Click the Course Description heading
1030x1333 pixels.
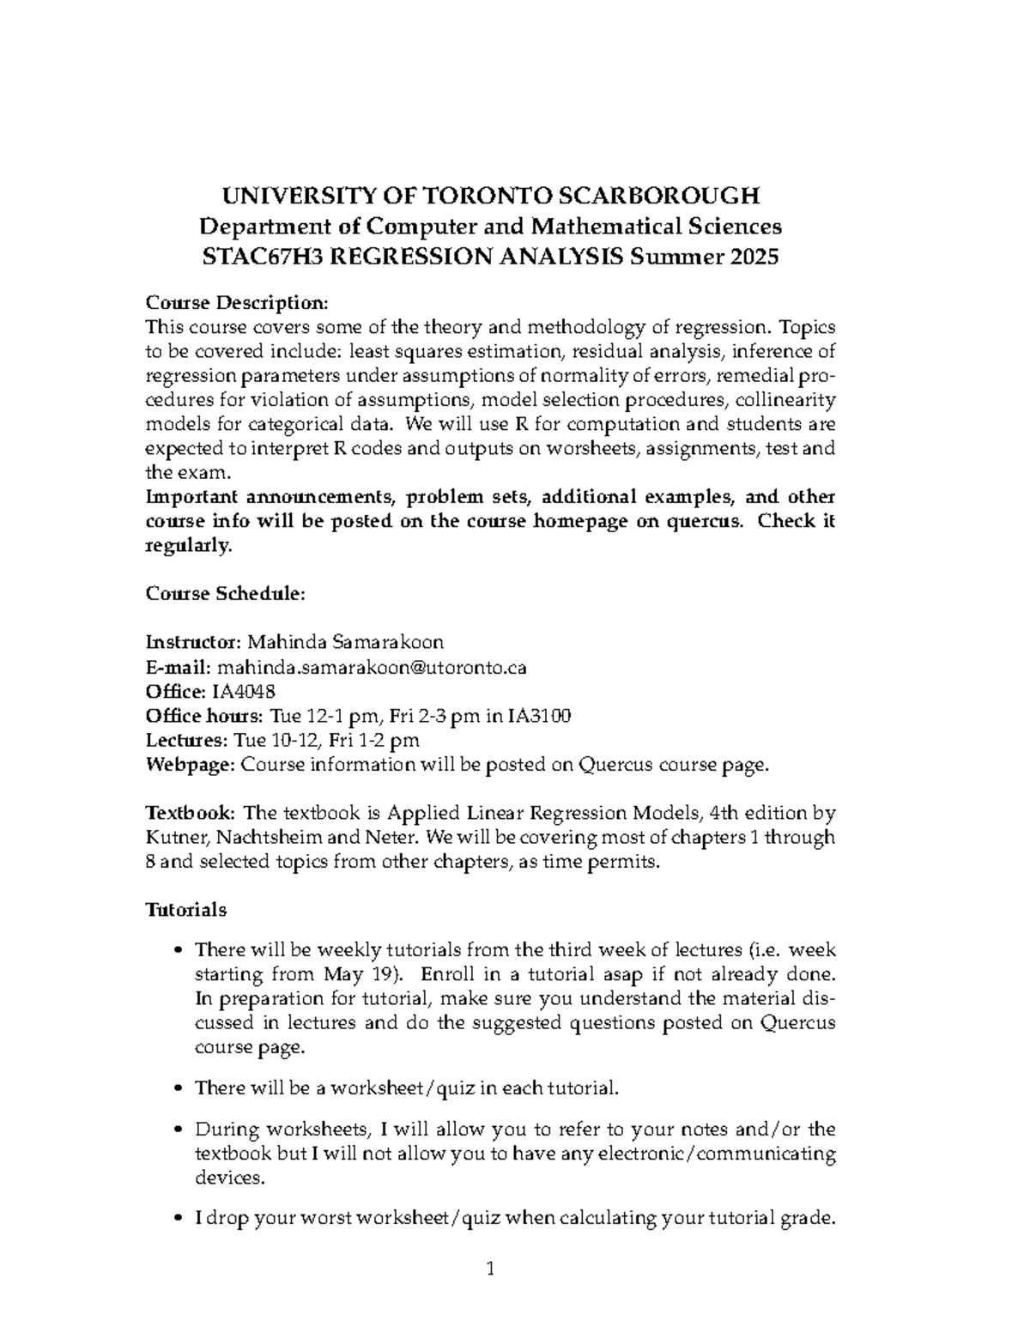[x=237, y=303]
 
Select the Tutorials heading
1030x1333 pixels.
[x=186, y=909]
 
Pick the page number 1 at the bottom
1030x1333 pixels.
[x=491, y=1269]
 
